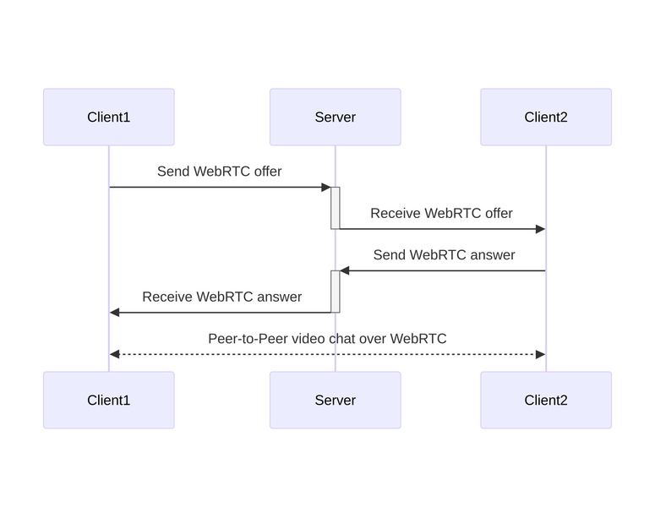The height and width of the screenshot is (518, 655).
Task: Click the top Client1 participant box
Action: (x=108, y=117)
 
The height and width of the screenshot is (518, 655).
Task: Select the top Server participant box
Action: (x=335, y=117)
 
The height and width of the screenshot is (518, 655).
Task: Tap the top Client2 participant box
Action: (x=545, y=117)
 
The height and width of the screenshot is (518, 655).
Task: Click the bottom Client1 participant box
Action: (x=108, y=400)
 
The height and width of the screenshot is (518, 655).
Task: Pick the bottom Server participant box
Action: (x=335, y=400)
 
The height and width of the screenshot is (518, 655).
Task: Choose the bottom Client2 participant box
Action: (x=545, y=400)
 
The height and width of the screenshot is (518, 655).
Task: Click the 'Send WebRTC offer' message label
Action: (x=219, y=172)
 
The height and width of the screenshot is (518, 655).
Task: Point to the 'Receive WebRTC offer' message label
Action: (x=441, y=213)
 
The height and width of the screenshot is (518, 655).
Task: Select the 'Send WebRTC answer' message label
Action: (x=444, y=254)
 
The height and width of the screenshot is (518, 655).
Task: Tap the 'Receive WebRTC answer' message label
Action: (x=221, y=297)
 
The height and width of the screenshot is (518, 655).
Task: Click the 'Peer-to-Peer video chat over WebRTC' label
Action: (x=327, y=339)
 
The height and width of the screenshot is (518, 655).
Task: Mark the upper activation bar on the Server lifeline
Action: (x=336, y=208)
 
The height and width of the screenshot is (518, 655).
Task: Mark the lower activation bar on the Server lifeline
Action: (x=336, y=292)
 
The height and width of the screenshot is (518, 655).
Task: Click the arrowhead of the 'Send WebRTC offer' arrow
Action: (x=325, y=187)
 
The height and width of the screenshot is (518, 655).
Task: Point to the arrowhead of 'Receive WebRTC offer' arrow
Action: (x=540, y=229)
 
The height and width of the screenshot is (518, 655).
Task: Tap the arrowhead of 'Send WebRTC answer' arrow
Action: (x=345, y=270)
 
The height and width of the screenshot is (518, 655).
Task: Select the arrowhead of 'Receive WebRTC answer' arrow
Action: (x=115, y=313)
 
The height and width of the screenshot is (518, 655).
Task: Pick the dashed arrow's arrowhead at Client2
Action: (x=540, y=354)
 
